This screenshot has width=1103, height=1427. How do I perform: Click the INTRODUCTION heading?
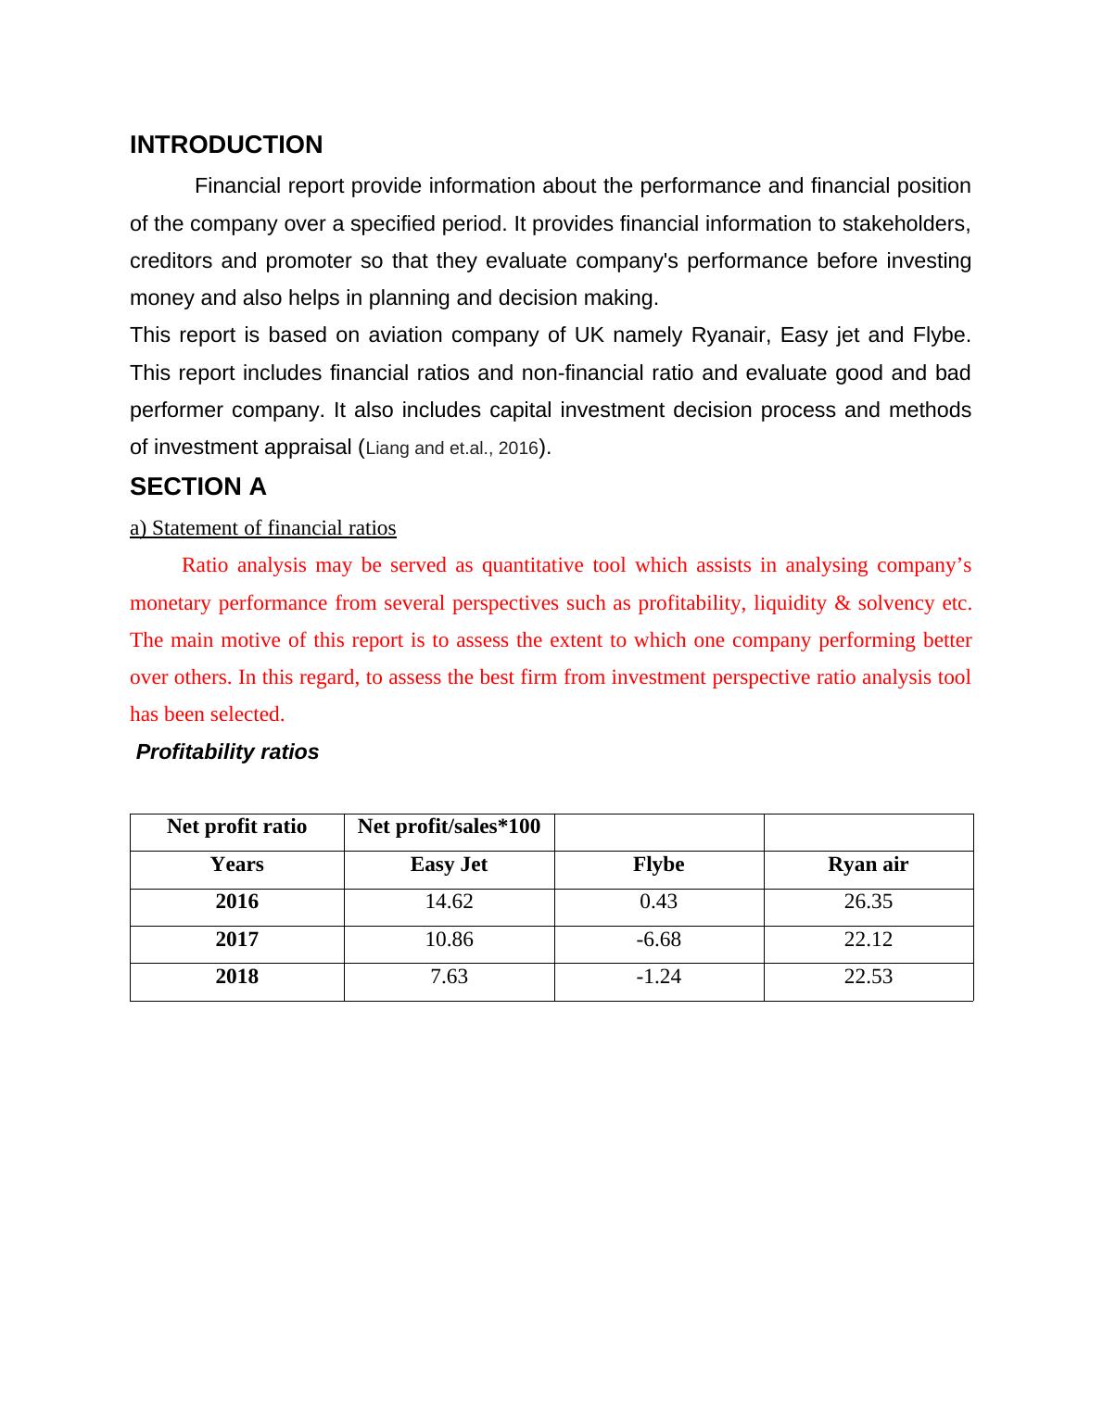[x=226, y=145]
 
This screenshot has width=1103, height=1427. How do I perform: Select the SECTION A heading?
[x=198, y=487]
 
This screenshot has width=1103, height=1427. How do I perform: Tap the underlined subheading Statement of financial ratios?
[x=263, y=528]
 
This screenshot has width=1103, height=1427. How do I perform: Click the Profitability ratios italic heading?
[x=227, y=752]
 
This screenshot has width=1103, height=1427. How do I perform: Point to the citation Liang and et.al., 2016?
[x=452, y=448]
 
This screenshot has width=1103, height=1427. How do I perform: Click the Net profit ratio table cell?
[x=236, y=827]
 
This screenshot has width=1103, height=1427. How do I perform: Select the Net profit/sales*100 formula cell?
[x=449, y=827]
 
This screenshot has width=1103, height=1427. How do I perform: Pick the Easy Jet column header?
[x=449, y=865]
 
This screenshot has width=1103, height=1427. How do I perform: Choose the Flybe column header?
[x=658, y=865]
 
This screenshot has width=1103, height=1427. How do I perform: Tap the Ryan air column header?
[x=868, y=865]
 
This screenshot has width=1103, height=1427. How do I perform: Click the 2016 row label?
[x=236, y=902]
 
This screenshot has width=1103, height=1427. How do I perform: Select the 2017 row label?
[x=236, y=940]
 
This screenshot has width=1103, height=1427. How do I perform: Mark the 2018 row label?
[x=236, y=977]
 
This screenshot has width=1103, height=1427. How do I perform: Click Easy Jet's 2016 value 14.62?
[x=449, y=902]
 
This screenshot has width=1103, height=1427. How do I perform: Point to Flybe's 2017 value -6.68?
[x=658, y=940]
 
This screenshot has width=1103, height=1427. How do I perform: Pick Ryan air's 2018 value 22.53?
[x=868, y=977]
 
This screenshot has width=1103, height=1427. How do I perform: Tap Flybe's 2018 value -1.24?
[x=658, y=977]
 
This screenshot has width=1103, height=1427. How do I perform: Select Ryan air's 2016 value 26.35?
[x=868, y=902]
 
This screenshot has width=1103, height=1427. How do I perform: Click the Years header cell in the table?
[x=236, y=865]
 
